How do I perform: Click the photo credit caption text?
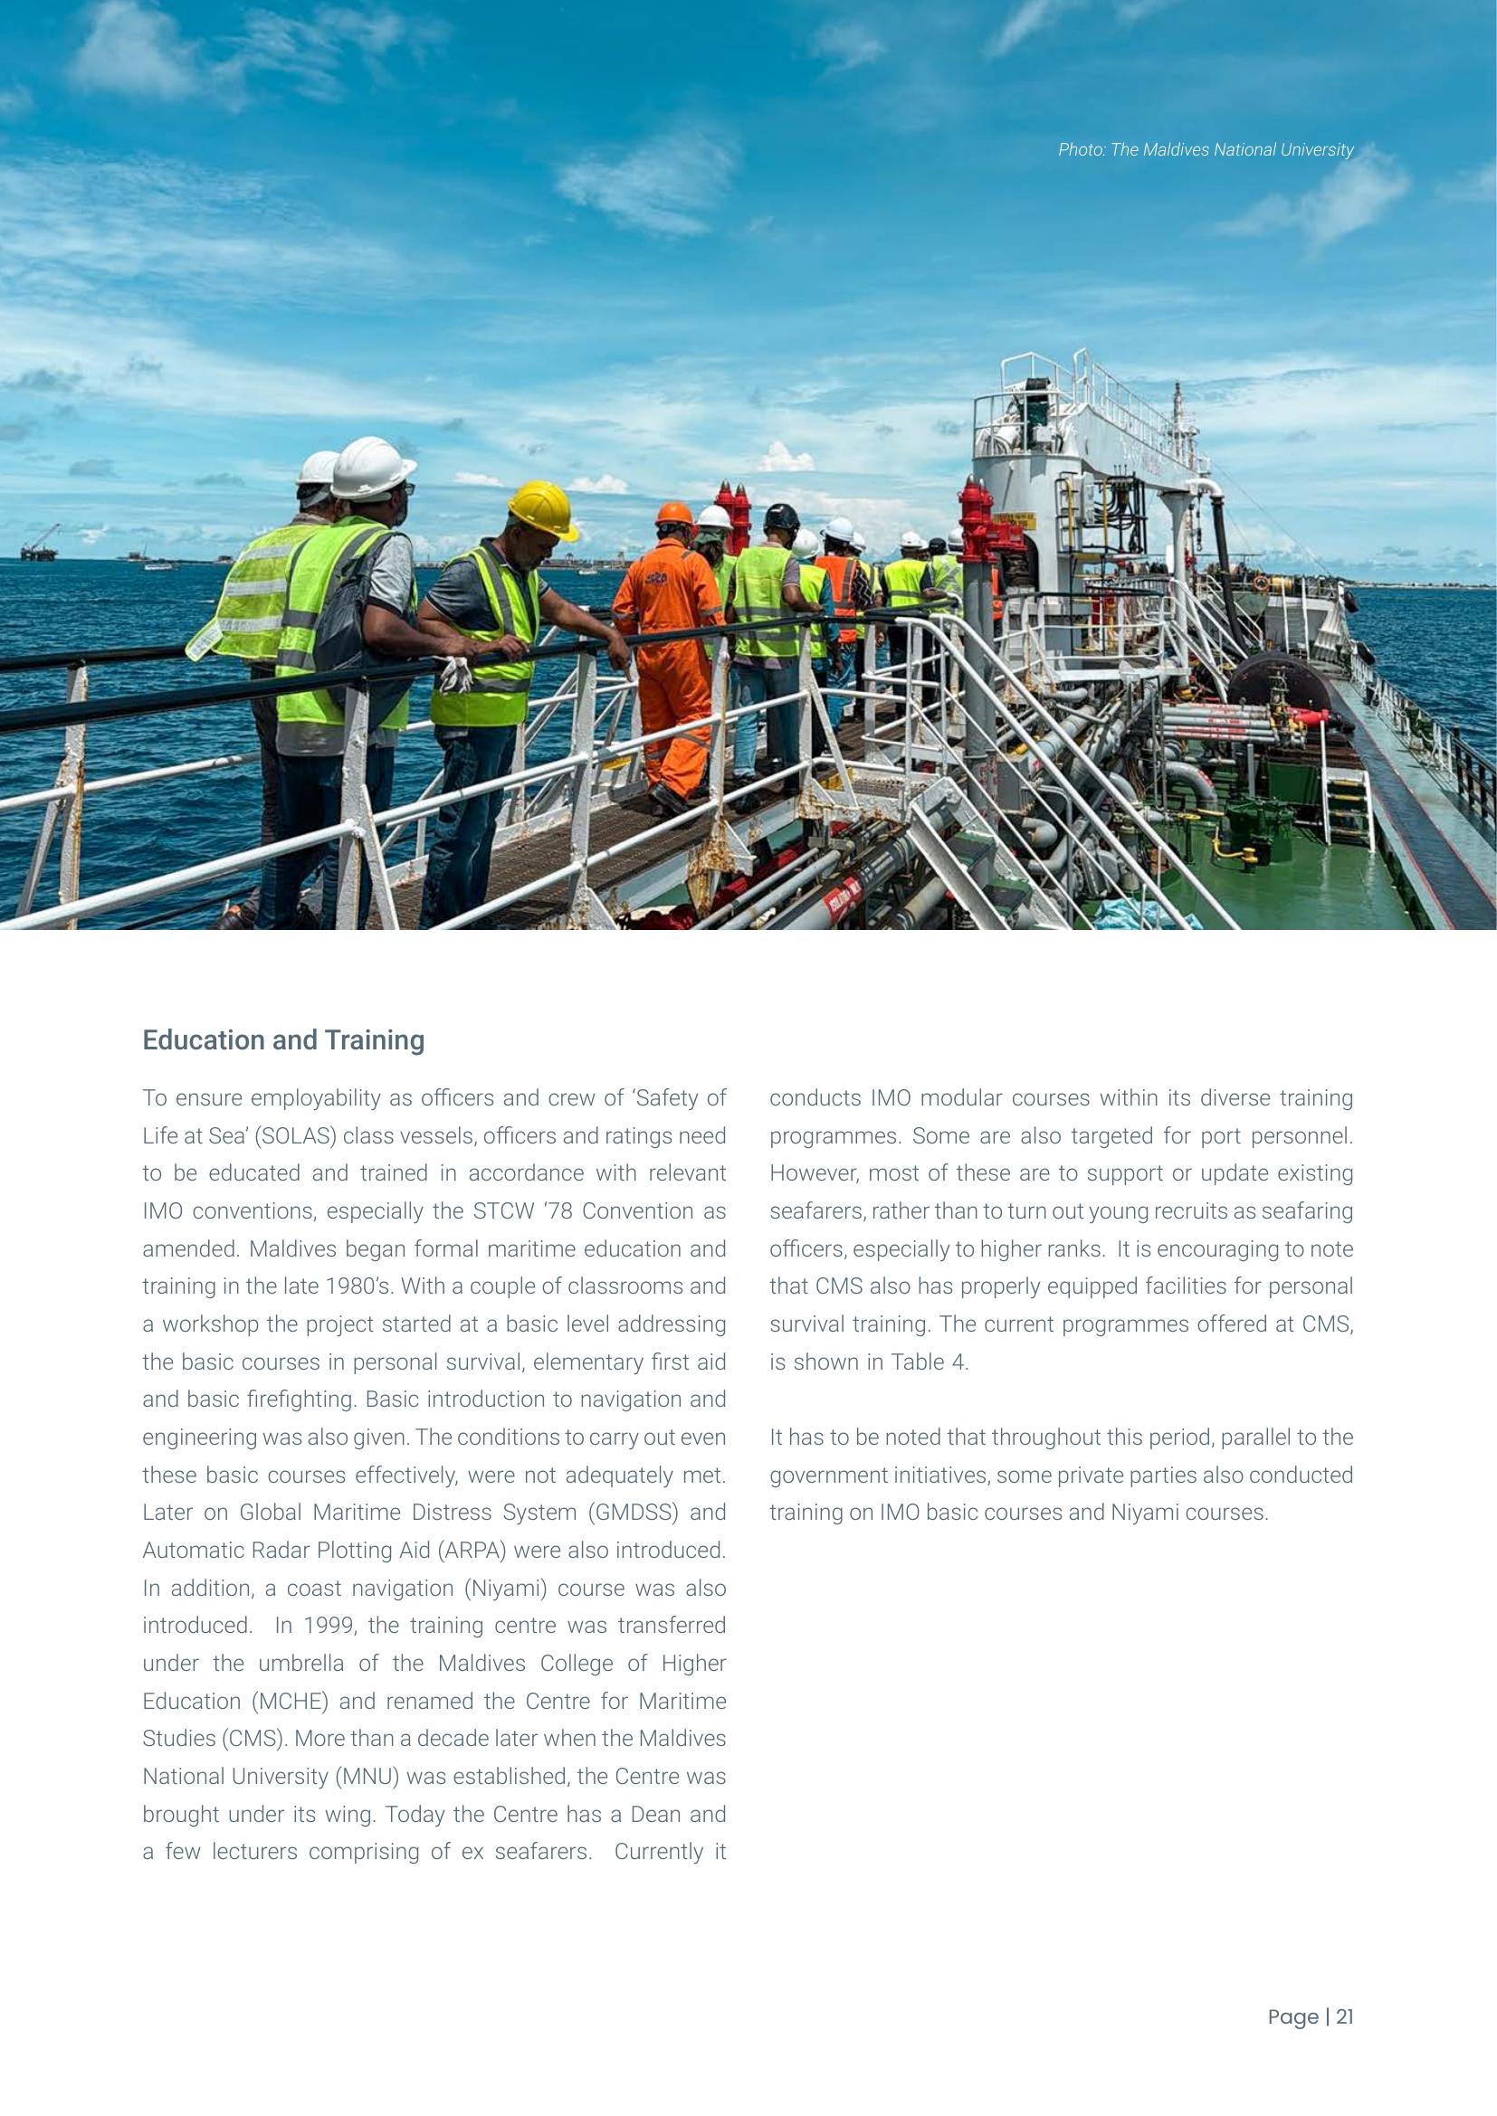click(x=1205, y=150)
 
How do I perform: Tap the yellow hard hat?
click(x=541, y=510)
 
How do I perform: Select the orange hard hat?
click(x=674, y=513)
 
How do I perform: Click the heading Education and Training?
click(x=283, y=1039)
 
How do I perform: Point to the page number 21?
click(x=1345, y=2016)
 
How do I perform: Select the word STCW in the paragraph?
click(x=503, y=1211)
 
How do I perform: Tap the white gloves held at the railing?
click(x=454, y=673)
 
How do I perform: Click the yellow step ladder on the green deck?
click(x=1347, y=804)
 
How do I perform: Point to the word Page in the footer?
click(x=1292, y=2016)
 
